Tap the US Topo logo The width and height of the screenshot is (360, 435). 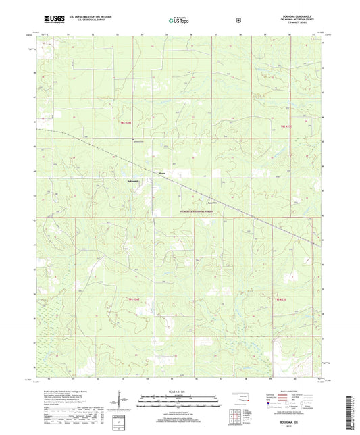(x=178, y=21)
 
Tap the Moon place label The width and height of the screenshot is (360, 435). (x=161, y=173)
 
